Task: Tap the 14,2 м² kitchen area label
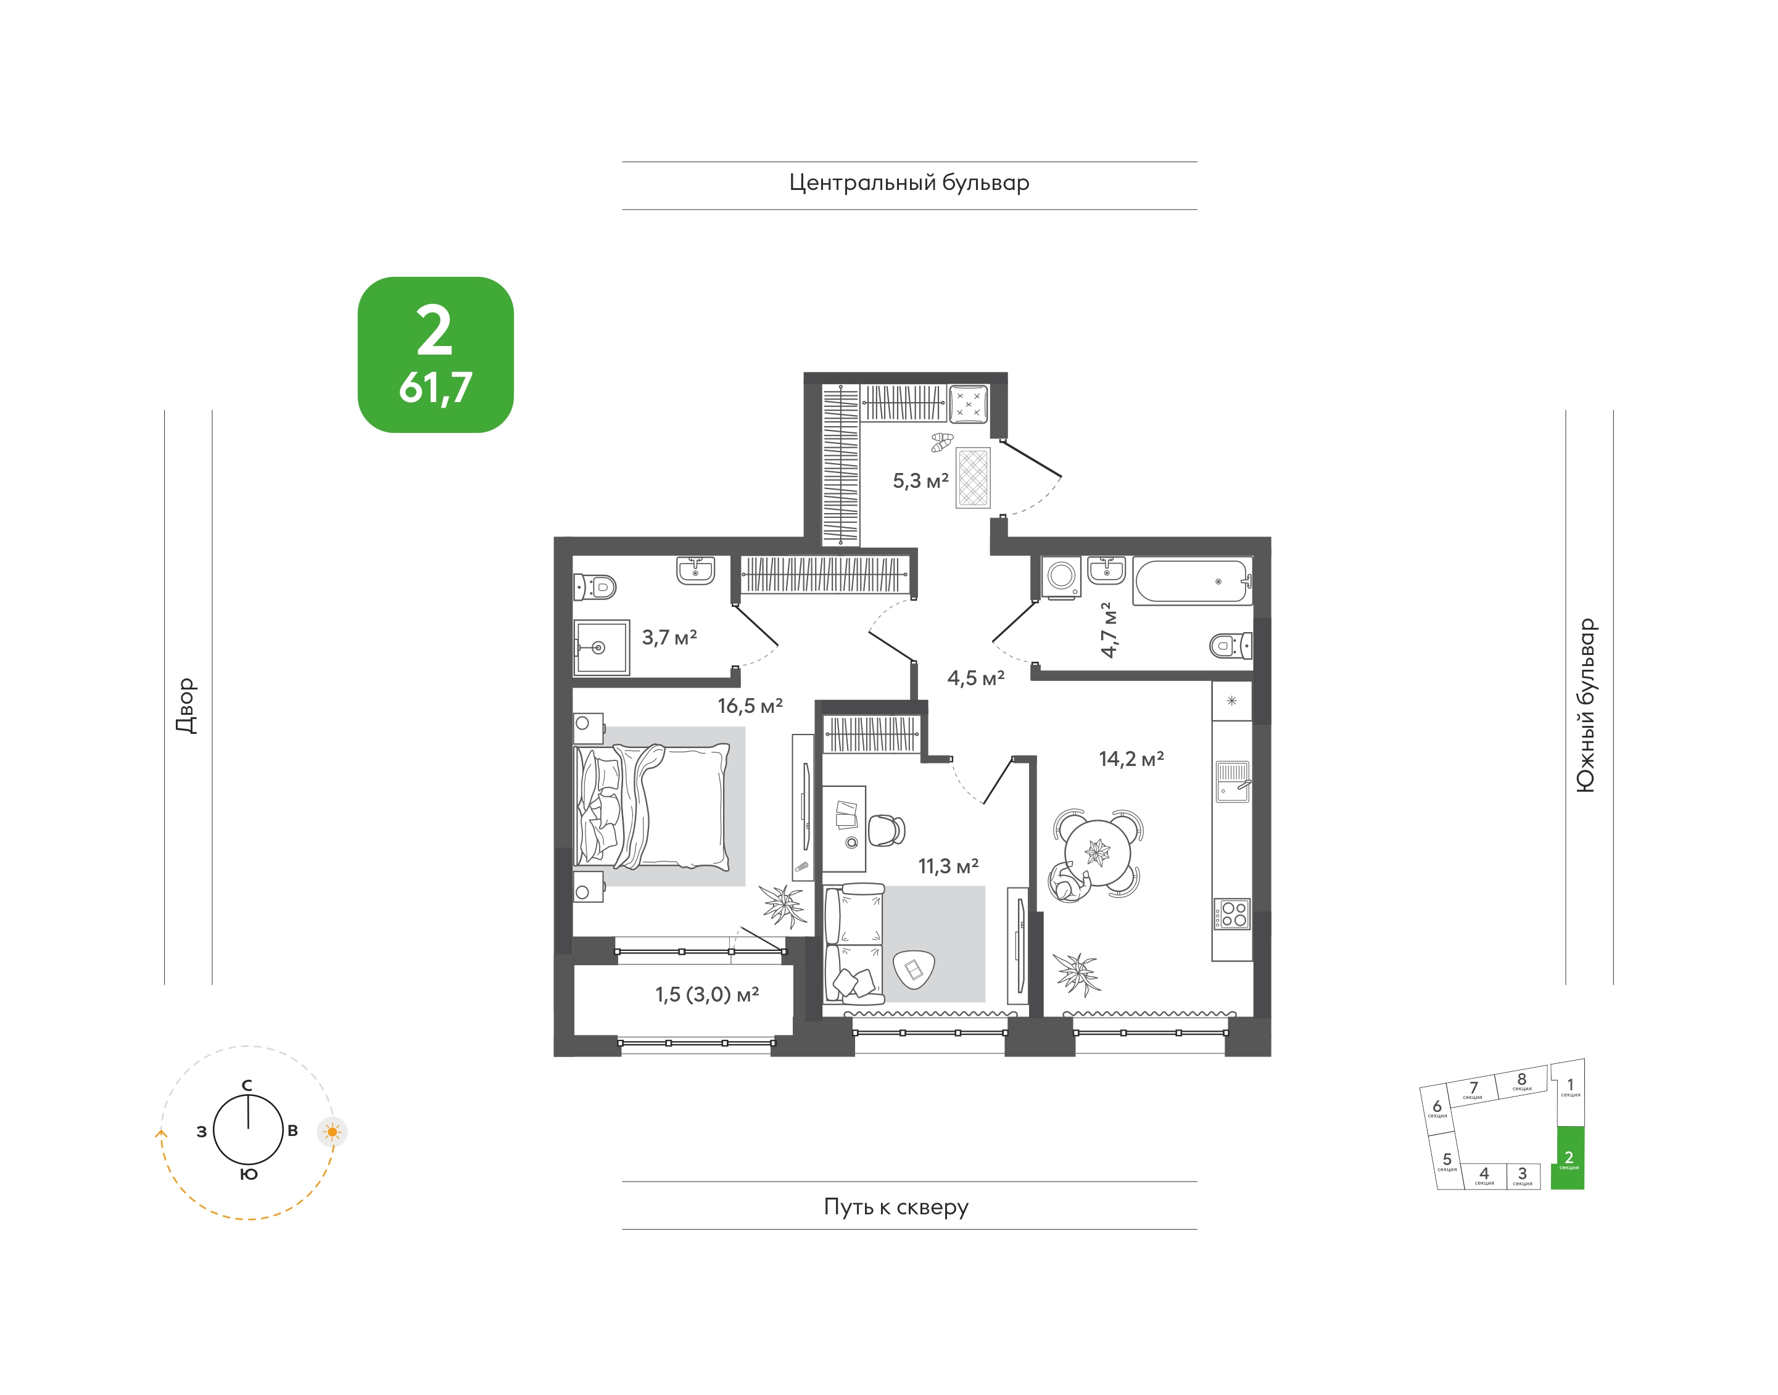(x=1131, y=759)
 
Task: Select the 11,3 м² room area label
(x=948, y=866)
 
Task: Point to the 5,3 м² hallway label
(x=920, y=480)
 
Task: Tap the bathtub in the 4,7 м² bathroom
(x=1192, y=581)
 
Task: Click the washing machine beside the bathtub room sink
(x=1061, y=577)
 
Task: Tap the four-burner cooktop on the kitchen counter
(x=1232, y=914)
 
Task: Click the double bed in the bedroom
(x=651, y=805)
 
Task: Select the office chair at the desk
(x=887, y=830)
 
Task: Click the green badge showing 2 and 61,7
(x=436, y=355)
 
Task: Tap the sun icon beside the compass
(x=333, y=1132)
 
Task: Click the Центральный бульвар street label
(x=909, y=183)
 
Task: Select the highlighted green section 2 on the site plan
(x=1568, y=1158)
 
